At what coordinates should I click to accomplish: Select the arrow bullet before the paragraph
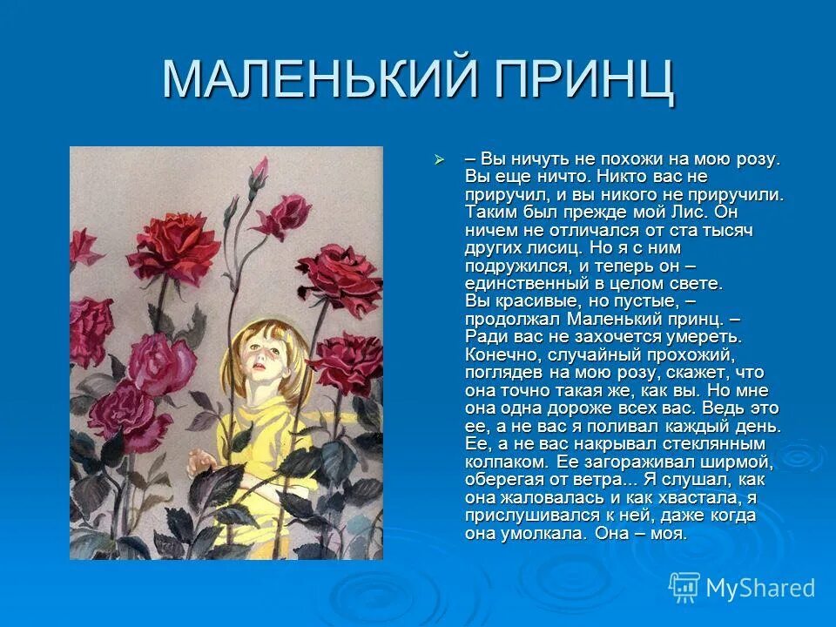[440, 160]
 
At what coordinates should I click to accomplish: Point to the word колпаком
[505, 462]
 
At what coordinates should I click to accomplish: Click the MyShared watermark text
[759, 588]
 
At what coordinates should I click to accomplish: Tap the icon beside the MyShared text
[684, 587]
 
